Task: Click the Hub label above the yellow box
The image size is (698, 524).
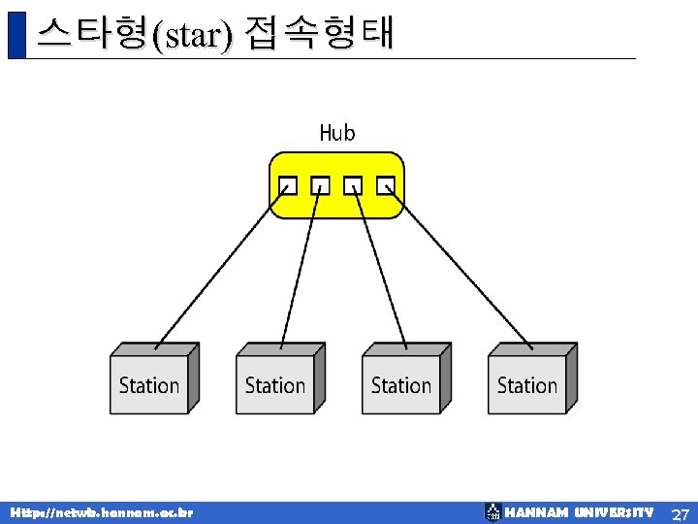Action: [337, 133]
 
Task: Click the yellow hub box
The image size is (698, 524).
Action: [336, 204]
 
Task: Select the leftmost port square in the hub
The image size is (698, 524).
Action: [287, 184]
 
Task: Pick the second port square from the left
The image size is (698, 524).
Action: [320, 184]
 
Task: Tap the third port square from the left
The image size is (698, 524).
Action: [353, 184]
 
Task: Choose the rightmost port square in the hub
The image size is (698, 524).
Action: [386, 184]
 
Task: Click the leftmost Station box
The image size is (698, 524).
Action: [149, 384]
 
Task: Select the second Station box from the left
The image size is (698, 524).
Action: [275, 384]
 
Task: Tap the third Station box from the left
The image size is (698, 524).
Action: [401, 384]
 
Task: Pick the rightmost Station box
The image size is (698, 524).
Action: [527, 384]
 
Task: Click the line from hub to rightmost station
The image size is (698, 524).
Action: [459, 266]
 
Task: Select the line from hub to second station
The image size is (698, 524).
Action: [300, 266]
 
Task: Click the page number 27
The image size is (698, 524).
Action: [681, 513]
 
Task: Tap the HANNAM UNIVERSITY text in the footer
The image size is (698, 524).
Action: [579, 512]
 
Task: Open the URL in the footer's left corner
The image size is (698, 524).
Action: [102, 512]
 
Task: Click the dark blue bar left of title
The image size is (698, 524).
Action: [16, 35]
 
